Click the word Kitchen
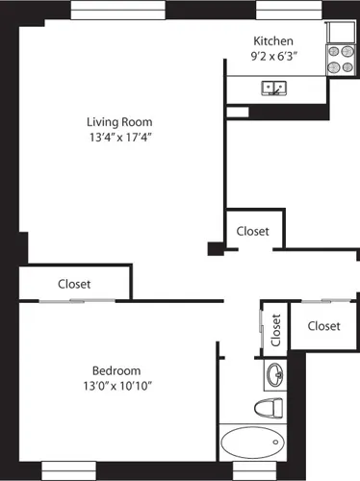pos(272,40)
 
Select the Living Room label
pos(119,122)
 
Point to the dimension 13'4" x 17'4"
pos(119,138)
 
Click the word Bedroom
pos(116,370)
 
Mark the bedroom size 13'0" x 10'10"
pos(116,386)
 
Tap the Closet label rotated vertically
pos(275,330)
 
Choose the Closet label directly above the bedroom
pos(74,284)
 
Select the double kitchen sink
pos(275,89)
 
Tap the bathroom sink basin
pos(272,373)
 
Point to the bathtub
pos(254,444)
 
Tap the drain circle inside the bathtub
pos(276,444)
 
